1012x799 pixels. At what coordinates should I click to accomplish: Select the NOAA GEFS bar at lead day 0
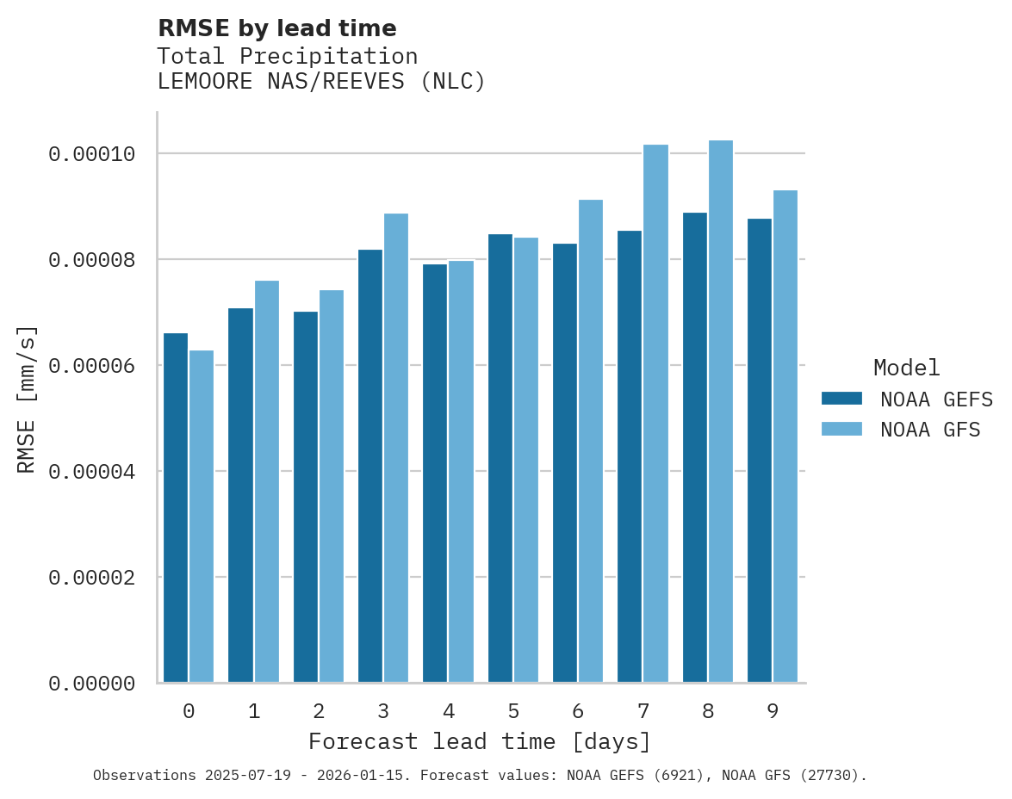click(176, 508)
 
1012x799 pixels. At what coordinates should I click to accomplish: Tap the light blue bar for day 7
click(655, 413)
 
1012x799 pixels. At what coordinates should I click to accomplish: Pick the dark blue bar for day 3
click(370, 466)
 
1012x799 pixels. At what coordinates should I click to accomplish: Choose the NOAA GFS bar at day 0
click(202, 517)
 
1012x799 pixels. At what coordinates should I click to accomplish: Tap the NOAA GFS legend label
click(930, 430)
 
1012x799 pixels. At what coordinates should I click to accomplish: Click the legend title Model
click(906, 369)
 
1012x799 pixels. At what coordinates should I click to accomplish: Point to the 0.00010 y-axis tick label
click(92, 154)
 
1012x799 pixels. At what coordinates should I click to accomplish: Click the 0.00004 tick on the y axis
click(92, 472)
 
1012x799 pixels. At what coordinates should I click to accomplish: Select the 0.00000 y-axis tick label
click(92, 684)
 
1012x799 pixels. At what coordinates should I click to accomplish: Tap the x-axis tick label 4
click(449, 712)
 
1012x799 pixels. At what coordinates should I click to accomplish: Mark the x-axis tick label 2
click(319, 712)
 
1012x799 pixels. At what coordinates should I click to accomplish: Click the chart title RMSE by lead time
click(276, 28)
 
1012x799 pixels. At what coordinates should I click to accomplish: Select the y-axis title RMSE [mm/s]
click(27, 399)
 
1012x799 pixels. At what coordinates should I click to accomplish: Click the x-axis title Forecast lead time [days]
click(480, 741)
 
